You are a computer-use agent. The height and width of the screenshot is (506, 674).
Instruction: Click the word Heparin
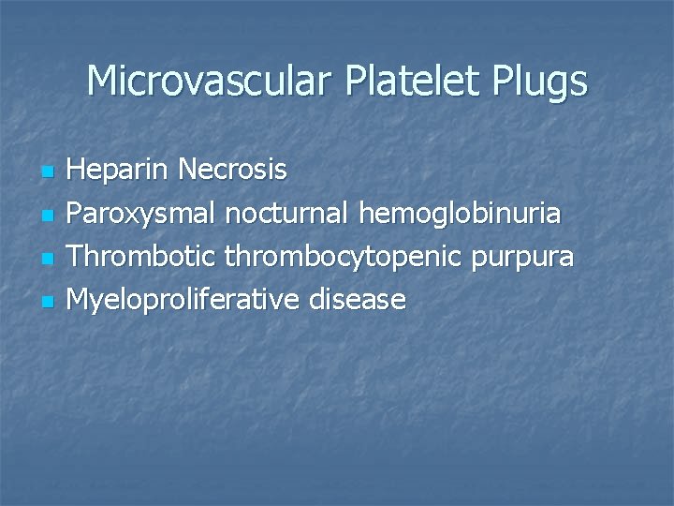119,171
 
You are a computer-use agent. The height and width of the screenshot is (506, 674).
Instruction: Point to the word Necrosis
232,171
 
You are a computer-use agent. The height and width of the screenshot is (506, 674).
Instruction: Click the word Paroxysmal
142,214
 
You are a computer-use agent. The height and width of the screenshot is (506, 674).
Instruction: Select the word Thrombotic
141,257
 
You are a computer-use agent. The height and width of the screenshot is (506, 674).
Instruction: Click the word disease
359,300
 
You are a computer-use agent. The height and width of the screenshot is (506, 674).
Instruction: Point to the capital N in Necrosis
186,171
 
